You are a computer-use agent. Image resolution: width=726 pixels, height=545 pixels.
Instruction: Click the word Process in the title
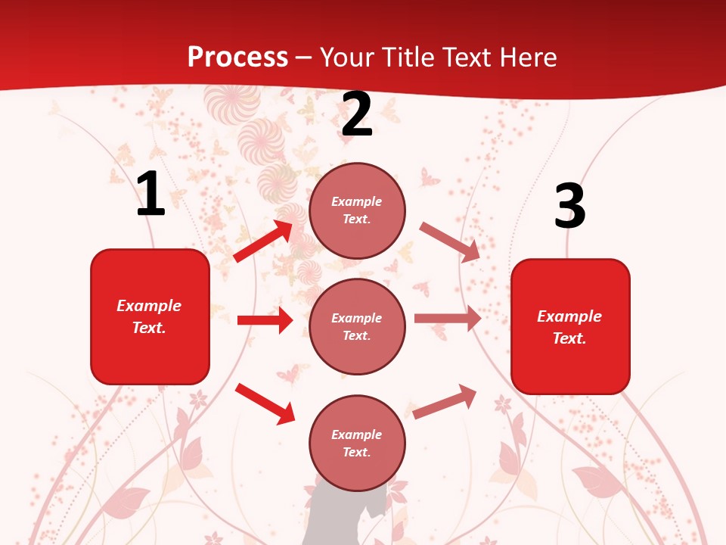(x=237, y=57)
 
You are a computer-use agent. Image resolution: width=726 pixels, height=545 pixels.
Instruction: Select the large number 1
(x=150, y=194)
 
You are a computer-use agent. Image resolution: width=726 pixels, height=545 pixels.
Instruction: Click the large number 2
(x=357, y=114)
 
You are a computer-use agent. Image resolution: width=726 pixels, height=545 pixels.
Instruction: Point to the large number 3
(x=569, y=206)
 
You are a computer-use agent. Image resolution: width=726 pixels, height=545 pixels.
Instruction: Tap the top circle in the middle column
(x=357, y=210)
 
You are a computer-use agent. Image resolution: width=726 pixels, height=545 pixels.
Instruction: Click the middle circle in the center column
(x=357, y=326)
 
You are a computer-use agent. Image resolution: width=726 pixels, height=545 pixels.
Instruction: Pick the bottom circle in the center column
(x=357, y=443)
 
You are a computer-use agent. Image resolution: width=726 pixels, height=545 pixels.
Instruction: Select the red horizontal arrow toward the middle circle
(x=265, y=320)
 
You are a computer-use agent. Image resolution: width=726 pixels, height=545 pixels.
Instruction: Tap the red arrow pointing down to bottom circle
(x=265, y=403)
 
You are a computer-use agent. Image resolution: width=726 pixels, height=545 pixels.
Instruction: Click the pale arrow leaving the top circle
(x=450, y=241)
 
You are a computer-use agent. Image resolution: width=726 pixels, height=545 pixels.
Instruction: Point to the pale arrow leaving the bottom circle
(x=445, y=402)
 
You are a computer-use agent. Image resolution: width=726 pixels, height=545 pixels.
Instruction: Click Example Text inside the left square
(x=149, y=316)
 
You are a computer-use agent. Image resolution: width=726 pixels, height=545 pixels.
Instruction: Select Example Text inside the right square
(x=569, y=327)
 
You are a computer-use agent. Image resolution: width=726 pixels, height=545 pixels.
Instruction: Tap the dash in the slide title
(x=304, y=58)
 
